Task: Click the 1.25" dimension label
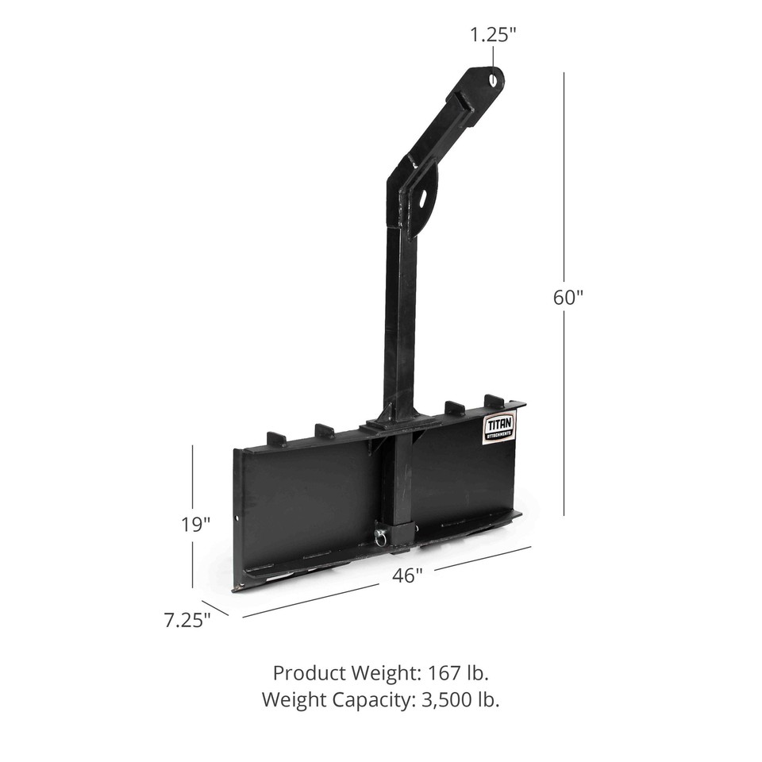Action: tap(492, 35)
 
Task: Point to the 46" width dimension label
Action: tap(406, 576)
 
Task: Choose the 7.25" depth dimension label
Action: tap(187, 620)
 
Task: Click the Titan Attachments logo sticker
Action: tap(498, 429)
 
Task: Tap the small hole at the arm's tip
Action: tap(494, 79)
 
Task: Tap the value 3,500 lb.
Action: tap(458, 700)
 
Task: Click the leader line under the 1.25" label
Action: tap(492, 57)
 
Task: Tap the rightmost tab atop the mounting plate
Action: tap(494, 400)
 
